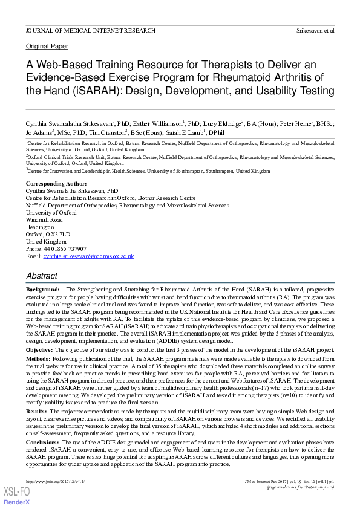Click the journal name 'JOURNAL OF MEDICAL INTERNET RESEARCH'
coord(90,30)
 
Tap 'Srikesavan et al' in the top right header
coord(315,30)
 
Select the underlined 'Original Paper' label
coord(47,46)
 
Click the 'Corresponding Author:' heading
coord(56,183)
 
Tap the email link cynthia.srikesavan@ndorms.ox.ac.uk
coord(88,256)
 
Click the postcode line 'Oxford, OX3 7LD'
coord(48,234)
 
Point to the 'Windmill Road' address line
coord(44,219)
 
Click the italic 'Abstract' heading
coord(42,276)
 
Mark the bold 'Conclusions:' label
coord(43,443)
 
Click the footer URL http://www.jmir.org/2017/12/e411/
coord(55,481)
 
